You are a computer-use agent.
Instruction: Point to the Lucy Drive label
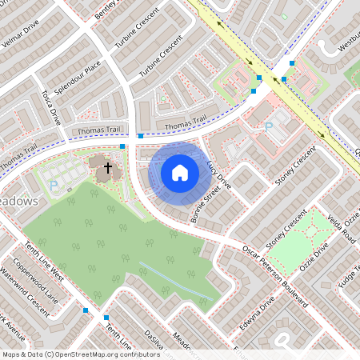(x=218, y=174)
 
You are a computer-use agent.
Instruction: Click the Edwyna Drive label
(x=257, y=314)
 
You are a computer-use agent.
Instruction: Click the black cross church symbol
(x=106, y=167)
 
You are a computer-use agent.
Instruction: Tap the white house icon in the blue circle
(x=180, y=172)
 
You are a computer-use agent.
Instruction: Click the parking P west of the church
(x=54, y=185)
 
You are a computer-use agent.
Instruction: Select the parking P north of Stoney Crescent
(x=269, y=126)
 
